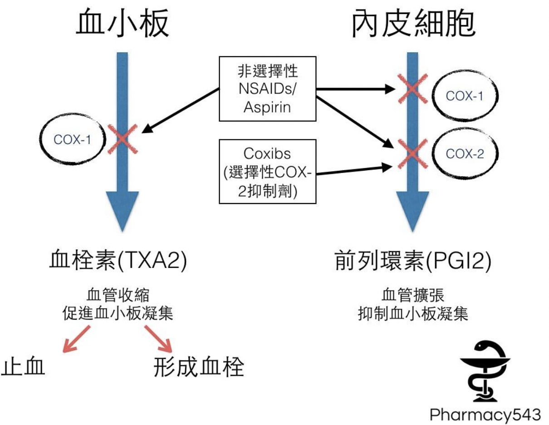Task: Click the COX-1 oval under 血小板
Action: tap(73, 140)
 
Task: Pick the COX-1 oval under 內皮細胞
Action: tap(465, 96)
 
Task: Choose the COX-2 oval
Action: tap(465, 153)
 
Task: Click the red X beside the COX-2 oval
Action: tap(412, 153)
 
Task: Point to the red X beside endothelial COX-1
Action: tap(412, 89)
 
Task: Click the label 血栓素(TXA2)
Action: tap(118, 262)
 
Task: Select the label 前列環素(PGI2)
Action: tap(412, 262)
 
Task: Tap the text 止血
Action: tap(24, 367)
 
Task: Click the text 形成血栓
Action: tap(199, 367)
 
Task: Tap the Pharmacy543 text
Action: tap(485, 414)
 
